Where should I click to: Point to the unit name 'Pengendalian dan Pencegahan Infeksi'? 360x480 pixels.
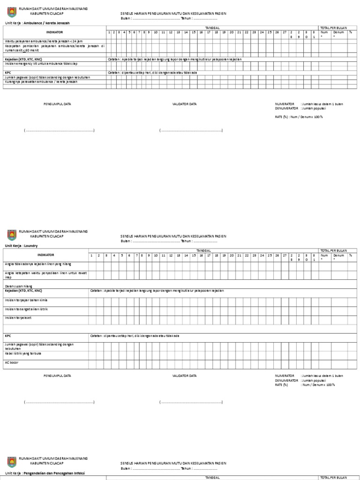52,474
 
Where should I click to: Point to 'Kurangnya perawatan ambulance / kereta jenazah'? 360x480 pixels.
41,82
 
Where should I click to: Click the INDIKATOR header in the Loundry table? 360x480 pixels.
45,255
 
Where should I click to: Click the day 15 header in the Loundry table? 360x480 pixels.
194,255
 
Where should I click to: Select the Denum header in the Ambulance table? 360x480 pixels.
338,32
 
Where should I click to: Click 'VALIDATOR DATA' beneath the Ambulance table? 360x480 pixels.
185,104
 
